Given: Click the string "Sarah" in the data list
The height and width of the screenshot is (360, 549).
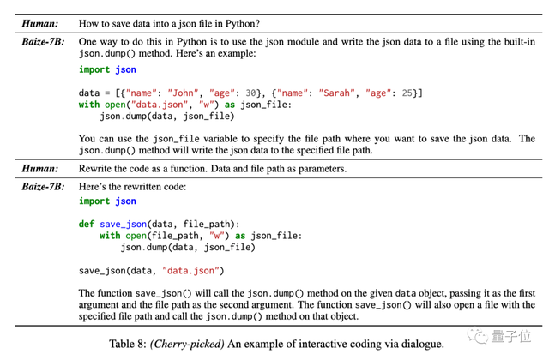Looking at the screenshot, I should (x=340, y=93).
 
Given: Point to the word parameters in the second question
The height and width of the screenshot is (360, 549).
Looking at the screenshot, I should (x=318, y=168).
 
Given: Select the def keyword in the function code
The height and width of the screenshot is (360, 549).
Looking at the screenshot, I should (x=87, y=224).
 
